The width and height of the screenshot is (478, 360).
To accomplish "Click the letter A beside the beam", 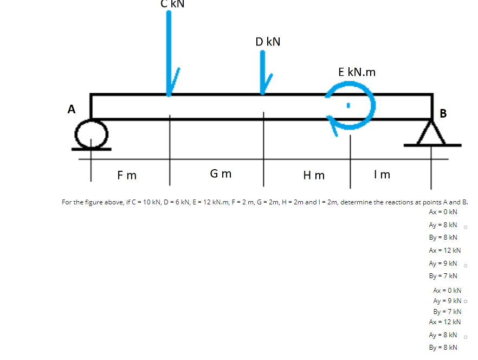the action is [71, 109].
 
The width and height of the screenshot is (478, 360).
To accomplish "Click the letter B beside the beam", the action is [444, 113].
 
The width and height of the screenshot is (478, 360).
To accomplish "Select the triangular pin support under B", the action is [432, 134].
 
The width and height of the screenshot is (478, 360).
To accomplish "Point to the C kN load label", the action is [172, 4].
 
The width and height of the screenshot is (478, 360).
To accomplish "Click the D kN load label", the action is [268, 42].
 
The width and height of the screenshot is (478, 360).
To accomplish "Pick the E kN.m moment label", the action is [357, 72].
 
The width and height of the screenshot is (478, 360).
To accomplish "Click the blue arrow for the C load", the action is [170, 54].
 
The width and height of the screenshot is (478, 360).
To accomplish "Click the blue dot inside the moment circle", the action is [350, 104].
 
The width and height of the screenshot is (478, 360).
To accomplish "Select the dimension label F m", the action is [127, 175].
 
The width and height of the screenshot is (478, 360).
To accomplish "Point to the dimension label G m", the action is [221, 174].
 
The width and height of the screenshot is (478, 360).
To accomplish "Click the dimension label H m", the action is [314, 175].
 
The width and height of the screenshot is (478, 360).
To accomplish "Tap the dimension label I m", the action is [382, 175].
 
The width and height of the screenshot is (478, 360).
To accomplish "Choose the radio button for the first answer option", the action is [466, 227].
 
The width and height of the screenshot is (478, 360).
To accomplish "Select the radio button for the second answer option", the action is [466, 265].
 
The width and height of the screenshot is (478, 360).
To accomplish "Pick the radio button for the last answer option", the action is [466, 337].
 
